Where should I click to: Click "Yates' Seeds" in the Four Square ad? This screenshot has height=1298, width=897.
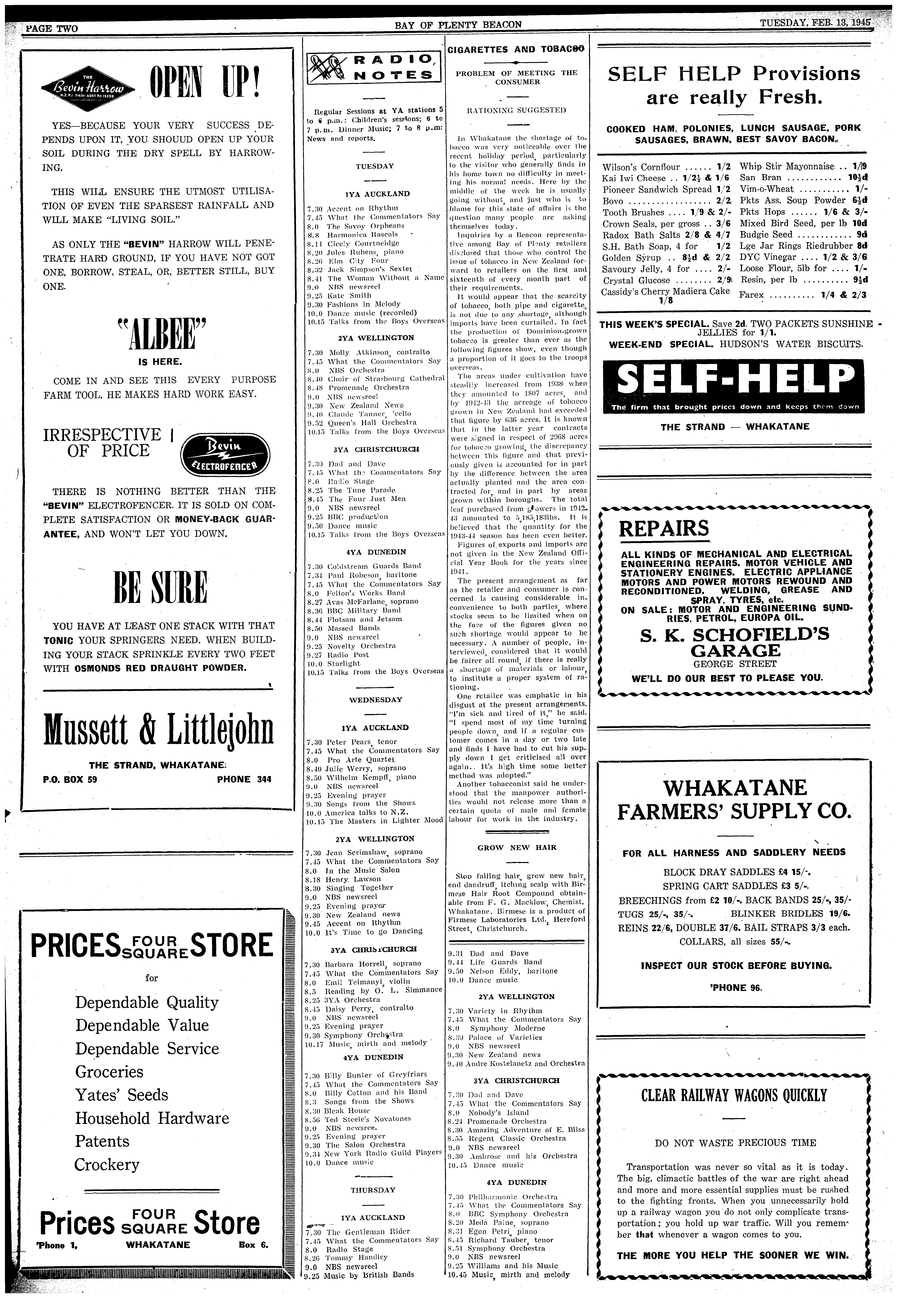(x=122, y=1095)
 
